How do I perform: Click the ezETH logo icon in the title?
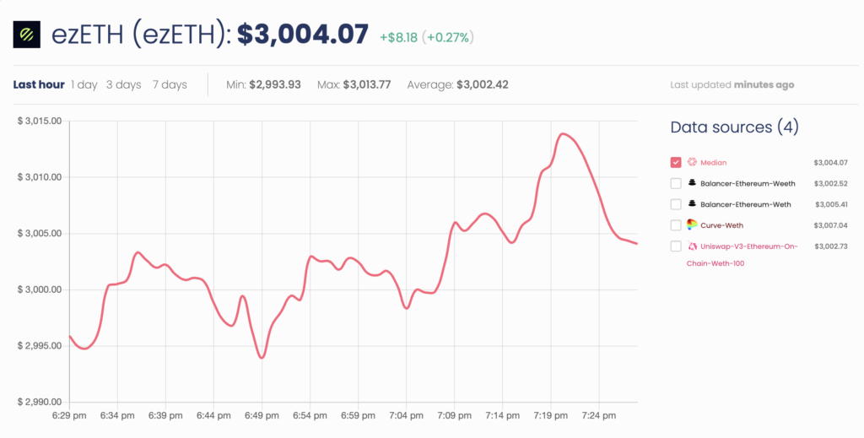click(x=26, y=35)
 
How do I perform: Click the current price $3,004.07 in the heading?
click(x=302, y=35)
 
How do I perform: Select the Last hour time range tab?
click(x=39, y=84)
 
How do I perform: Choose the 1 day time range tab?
click(x=84, y=84)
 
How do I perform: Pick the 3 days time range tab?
click(x=123, y=84)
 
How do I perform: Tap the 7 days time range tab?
click(x=170, y=84)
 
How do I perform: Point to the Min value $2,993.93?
click(x=275, y=84)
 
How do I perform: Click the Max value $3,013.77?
click(x=367, y=84)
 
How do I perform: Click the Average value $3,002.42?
click(x=482, y=84)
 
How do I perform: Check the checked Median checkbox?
click(x=676, y=162)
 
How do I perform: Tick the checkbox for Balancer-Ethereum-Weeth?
click(x=676, y=183)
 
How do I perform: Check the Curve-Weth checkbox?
click(x=676, y=224)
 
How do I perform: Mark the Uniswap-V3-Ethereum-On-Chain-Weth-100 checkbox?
click(x=676, y=246)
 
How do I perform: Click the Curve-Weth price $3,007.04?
click(x=830, y=225)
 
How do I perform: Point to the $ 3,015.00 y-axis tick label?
click(x=40, y=121)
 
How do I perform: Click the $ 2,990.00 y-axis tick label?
click(x=40, y=403)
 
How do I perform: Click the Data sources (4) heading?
click(x=734, y=127)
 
